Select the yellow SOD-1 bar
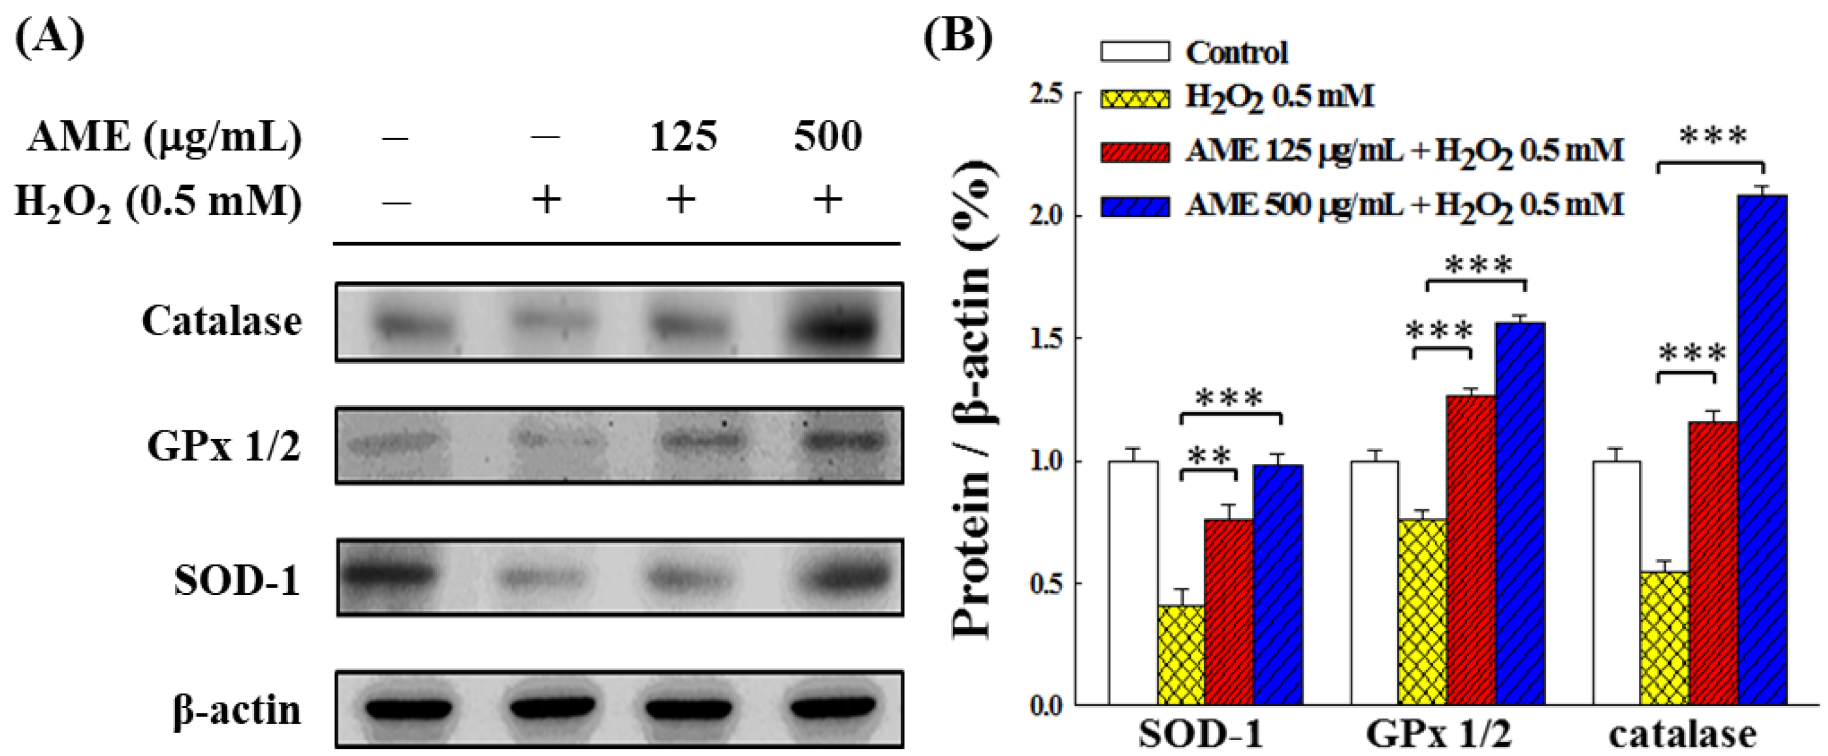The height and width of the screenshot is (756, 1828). tap(1181, 653)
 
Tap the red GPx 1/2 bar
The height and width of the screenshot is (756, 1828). tap(1471, 550)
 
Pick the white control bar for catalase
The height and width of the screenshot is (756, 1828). tap(1616, 582)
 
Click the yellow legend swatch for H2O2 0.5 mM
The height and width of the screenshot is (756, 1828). tap(1134, 97)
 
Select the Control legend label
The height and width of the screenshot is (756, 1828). tap(1236, 52)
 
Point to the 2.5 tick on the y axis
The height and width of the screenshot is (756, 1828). tap(1047, 93)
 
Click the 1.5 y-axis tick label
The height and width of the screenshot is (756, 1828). tap(1047, 338)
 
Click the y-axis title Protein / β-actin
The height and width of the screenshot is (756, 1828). tap(972, 397)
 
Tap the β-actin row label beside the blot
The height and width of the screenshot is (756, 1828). tap(237, 710)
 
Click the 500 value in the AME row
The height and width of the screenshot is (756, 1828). tap(828, 136)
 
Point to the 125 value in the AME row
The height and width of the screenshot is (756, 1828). tap(682, 136)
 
